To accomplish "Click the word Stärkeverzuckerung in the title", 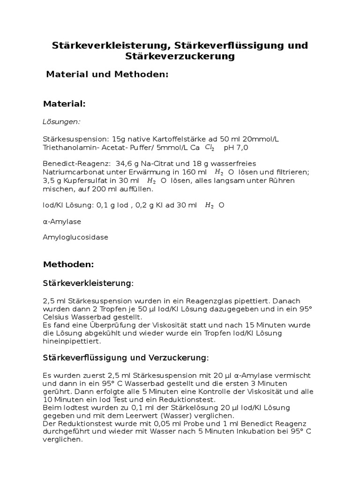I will point(180,57).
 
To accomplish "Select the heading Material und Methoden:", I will point(107,75).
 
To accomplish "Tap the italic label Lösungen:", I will point(61,121).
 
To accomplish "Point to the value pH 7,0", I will point(236,148).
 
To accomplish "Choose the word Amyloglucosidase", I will point(75,237).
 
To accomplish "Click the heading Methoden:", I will point(68,264).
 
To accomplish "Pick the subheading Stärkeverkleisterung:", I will point(88,283).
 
